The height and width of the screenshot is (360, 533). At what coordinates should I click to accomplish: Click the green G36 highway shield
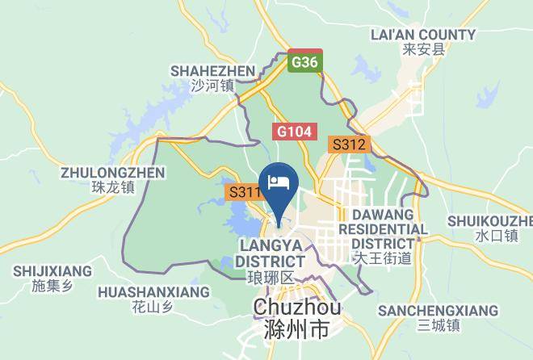(304, 62)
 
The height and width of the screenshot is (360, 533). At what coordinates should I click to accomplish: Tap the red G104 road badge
(296, 131)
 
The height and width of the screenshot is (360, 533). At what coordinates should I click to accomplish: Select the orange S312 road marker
(349, 145)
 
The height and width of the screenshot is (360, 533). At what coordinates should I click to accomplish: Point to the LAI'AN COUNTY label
(422, 35)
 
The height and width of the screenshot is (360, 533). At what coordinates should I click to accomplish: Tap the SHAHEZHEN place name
(212, 70)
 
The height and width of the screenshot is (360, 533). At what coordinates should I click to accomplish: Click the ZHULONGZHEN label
(112, 173)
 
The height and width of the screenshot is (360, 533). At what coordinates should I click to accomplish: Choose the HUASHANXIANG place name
(153, 291)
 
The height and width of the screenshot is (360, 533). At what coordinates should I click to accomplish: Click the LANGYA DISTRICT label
(270, 253)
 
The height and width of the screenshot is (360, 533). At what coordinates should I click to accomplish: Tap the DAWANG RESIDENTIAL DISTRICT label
(382, 229)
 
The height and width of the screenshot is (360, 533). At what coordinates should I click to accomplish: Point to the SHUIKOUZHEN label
(491, 221)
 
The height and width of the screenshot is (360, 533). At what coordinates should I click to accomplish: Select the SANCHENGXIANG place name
(438, 311)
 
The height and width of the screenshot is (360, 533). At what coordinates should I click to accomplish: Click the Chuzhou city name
(297, 308)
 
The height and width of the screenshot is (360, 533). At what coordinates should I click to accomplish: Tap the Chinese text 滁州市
(297, 331)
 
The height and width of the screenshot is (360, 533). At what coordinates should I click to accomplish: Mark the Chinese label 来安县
(423, 50)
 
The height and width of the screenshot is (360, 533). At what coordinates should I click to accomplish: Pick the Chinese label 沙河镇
(212, 86)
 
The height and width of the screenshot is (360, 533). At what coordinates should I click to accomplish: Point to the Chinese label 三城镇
(438, 326)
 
